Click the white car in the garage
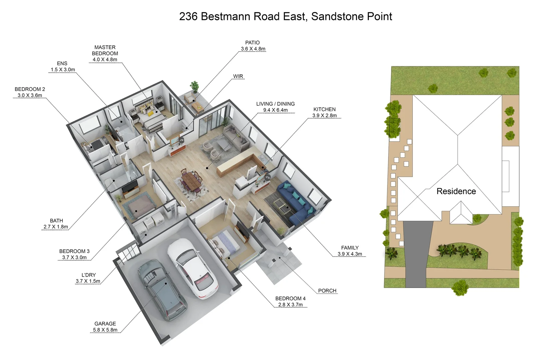pyautogui.click(x=193, y=268)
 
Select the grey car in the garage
pyautogui.click(x=163, y=289)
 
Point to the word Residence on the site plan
pyautogui.click(x=456, y=191)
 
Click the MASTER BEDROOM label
pyautogui.click(x=105, y=50)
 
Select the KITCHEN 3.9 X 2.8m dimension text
pyautogui.click(x=324, y=116)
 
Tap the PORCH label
pyautogui.click(x=327, y=291)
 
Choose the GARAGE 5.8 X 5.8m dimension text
pyautogui.click(x=105, y=330)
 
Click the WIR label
pyautogui.click(x=238, y=76)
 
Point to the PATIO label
pyautogui.click(x=253, y=43)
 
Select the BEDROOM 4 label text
pyautogui.click(x=290, y=299)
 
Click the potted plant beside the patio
pyautogui.click(x=194, y=86)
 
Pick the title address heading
pyautogui.click(x=285, y=16)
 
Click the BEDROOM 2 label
pyautogui.click(x=30, y=89)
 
